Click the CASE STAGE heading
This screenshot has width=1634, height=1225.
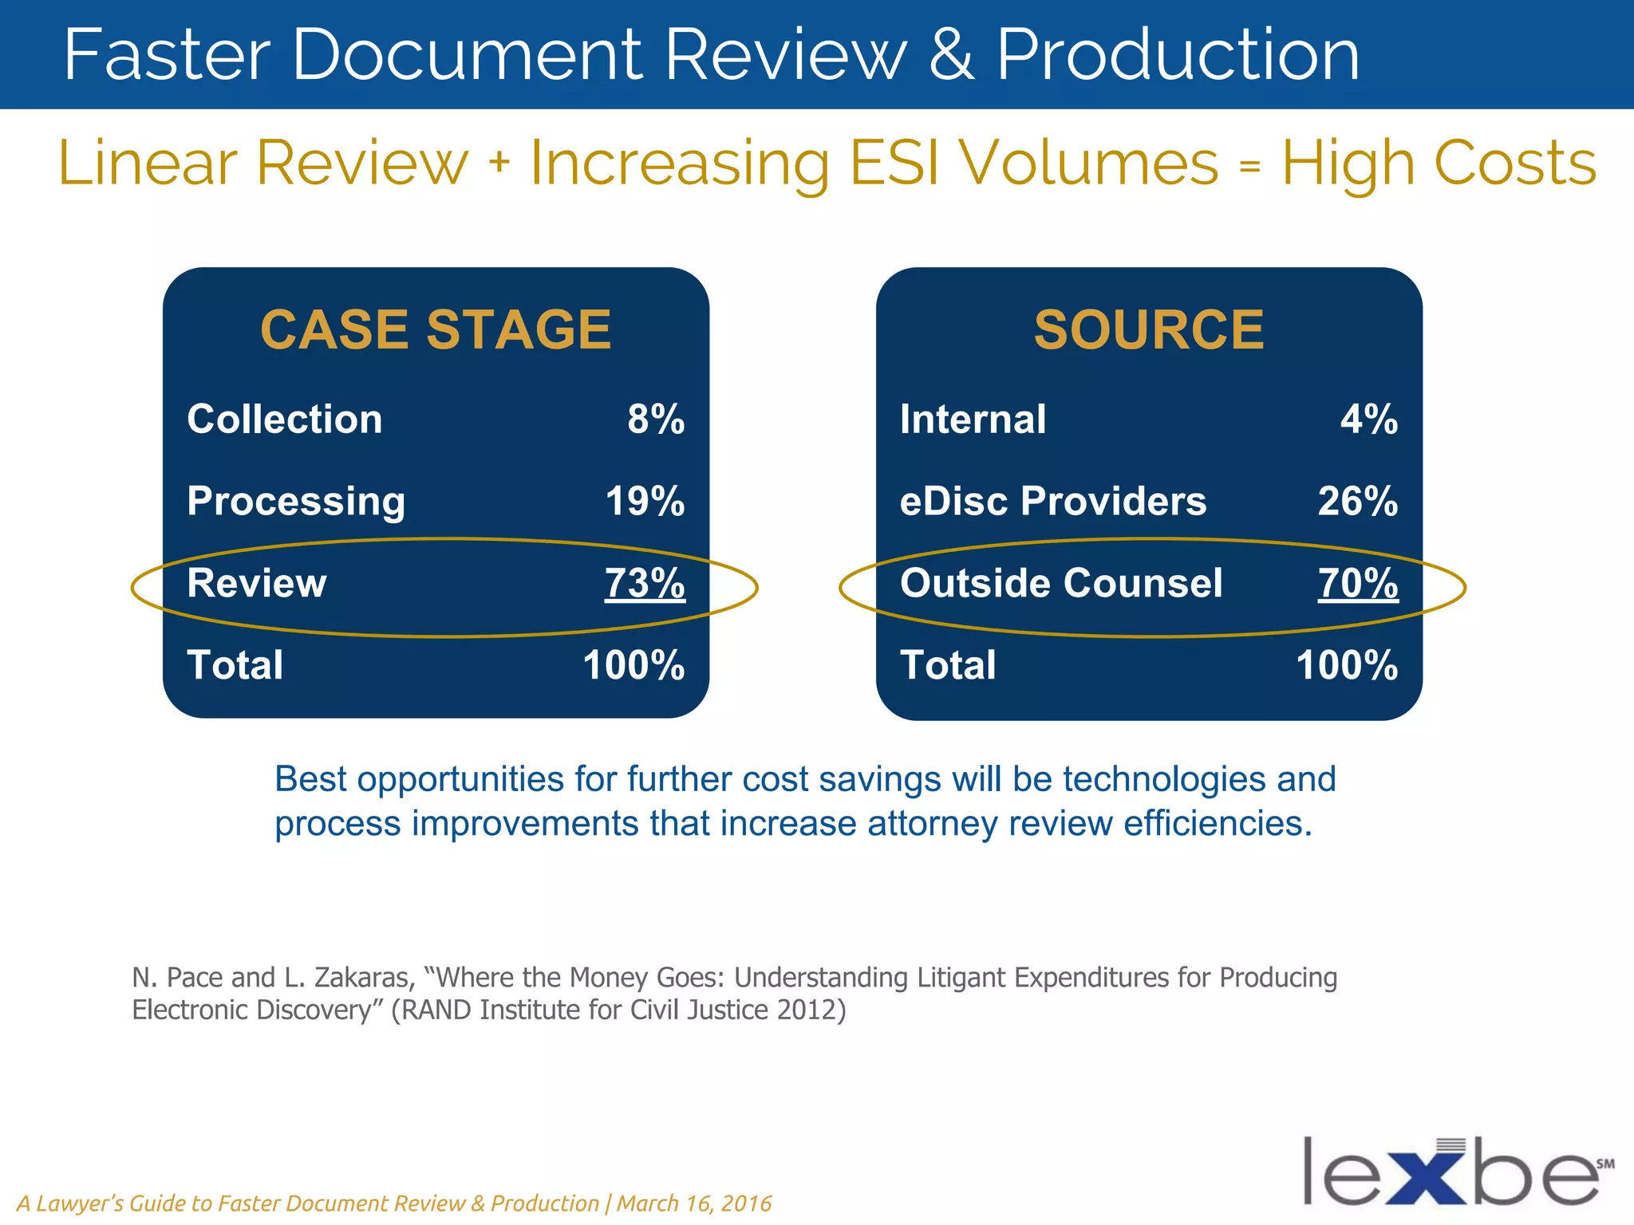point(436,329)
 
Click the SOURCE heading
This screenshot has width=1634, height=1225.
point(1149,329)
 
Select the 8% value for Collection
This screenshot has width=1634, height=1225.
point(656,419)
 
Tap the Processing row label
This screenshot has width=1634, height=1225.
point(296,502)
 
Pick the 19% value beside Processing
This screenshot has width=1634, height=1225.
point(645,502)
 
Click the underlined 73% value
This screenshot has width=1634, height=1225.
point(645,583)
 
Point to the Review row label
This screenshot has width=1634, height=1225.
point(257,583)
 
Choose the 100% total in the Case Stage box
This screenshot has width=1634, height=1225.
point(633,665)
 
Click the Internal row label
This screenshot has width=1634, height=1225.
point(973,419)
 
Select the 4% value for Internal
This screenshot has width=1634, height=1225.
point(1369,419)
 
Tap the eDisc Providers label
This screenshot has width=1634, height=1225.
point(1053,502)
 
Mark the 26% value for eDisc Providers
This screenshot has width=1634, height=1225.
point(1358,502)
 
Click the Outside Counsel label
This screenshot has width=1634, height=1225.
point(1061,583)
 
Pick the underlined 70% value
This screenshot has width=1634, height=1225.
point(1358,583)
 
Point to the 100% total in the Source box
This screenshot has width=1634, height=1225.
point(1347,665)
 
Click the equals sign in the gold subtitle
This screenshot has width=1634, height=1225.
point(1250,165)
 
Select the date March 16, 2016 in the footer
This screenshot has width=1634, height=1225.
point(694,1203)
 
